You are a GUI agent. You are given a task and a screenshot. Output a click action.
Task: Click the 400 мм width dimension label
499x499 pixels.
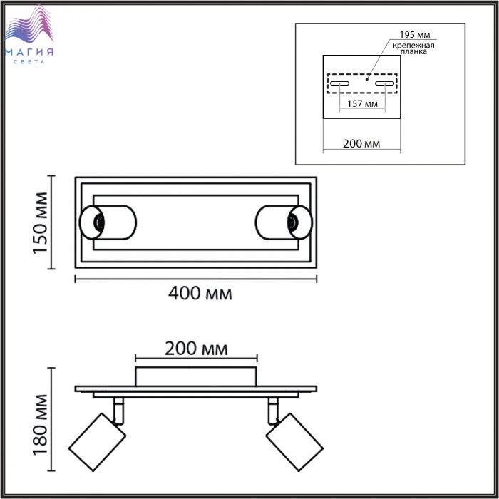pyautogui.click(x=200, y=294)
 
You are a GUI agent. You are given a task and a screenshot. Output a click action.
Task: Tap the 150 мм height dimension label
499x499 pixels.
pyautogui.click(x=41, y=222)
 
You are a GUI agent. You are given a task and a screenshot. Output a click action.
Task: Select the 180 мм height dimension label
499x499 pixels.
pyautogui.click(x=41, y=425)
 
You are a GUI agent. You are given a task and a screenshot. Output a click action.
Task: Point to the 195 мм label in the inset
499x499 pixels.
pyautogui.click(x=414, y=34)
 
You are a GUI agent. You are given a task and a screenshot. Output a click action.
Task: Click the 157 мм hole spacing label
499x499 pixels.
pyautogui.click(x=362, y=104)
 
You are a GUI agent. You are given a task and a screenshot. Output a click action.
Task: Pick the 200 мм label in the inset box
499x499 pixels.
pyautogui.click(x=361, y=144)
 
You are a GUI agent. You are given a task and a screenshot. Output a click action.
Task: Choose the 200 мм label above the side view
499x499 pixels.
pyautogui.click(x=196, y=349)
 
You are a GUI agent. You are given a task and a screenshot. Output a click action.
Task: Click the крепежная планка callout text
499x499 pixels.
pyautogui.click(x=413, y=48)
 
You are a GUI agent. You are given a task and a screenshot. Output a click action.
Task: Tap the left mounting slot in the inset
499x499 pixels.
pyautogui.click(x=339, y=83)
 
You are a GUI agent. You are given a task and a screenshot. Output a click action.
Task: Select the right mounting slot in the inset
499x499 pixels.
pyautogui.click(x=385, y=83)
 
